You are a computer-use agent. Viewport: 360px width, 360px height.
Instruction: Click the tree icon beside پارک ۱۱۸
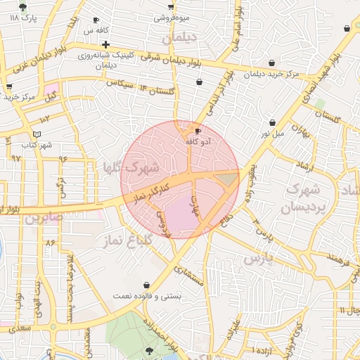(x=23, y=7)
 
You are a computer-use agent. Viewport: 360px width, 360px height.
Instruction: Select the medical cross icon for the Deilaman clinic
(x=105, y=44)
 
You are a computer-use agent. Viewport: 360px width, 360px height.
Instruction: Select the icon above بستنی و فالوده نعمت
(x=146, y=285)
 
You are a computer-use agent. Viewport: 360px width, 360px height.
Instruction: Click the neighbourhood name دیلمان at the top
(x=177, y=39)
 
